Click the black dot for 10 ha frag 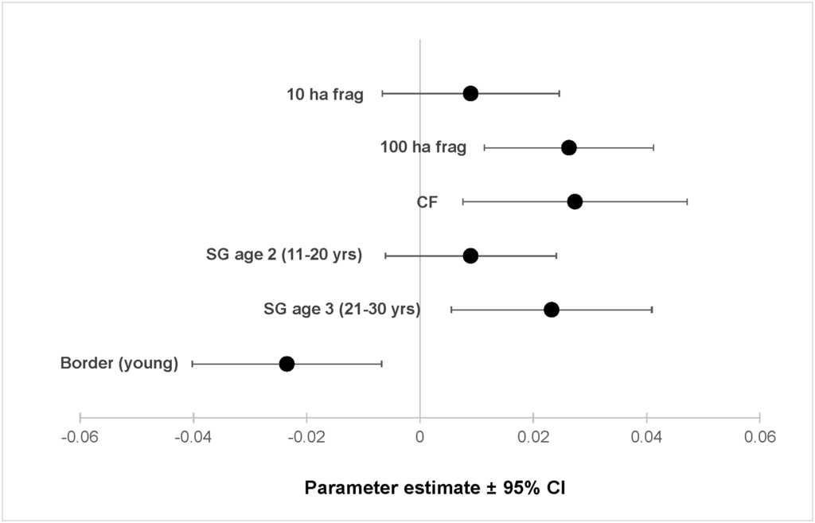coord(470,93)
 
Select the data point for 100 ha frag coord(568,147)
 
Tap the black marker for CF coord(575,201)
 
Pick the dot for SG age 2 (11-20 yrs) coord(470,256)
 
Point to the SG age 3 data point coord(551,310)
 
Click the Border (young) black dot coord(287,364)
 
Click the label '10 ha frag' coord(325,95)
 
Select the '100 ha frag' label coord(423,147)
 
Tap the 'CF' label coord(427,202)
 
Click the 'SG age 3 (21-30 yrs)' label coord(341,310)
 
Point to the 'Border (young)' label coord(119,365)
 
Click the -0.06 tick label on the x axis coord(80,437)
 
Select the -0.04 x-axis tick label coord(193,437)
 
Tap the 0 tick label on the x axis coord(420,437)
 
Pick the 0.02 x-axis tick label coord(533,437)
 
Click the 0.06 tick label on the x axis coord(759,437)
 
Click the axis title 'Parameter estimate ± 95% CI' coord(435,487)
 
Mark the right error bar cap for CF coord(687,201)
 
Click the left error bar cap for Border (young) coord(193,364)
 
